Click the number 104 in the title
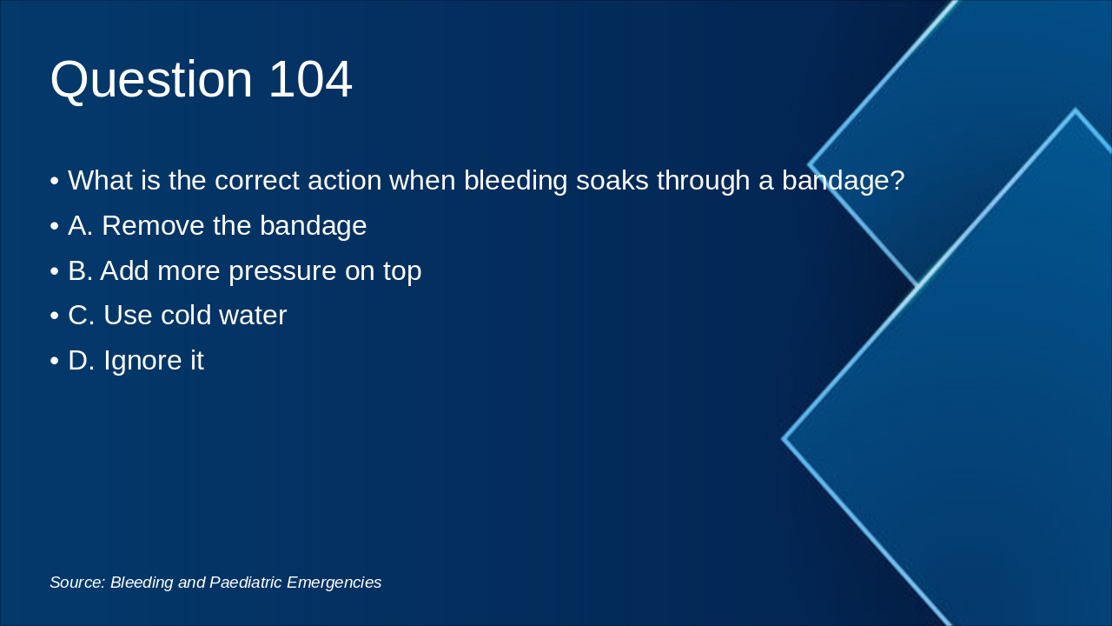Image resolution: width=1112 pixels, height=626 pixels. point(309,79)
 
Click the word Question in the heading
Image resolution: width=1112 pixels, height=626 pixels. point(151,79)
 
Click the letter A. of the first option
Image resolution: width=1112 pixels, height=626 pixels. point(81,225)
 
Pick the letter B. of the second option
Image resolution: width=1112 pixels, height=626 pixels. point(81,270)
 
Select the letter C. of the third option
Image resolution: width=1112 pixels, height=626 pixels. point(82,315)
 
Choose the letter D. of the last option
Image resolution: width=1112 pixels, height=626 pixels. point(82,360)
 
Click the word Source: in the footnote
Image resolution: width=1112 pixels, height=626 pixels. point(77,583)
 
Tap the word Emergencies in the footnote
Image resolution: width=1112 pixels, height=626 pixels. point(334,583)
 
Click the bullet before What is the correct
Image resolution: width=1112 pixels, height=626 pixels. point(55,182)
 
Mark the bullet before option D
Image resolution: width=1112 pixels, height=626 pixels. point(55,362)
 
